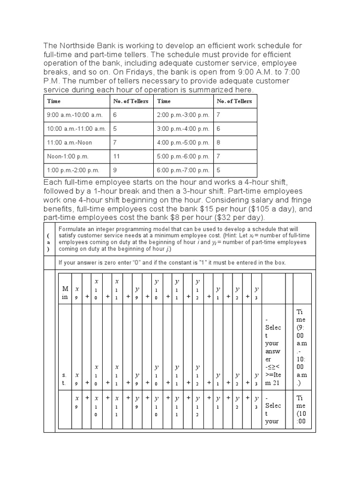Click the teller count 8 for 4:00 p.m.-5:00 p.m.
[x=218, y=142]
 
